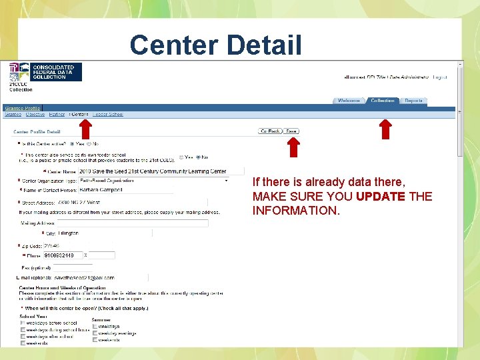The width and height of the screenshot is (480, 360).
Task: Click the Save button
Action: [x=292, y=131]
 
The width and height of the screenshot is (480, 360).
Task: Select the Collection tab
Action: [x=383, y=101]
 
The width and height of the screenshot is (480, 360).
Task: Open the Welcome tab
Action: [x=349, y=101]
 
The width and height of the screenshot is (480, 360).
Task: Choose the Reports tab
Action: [x=413, y=101]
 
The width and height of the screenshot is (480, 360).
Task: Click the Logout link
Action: [x=440, y=77]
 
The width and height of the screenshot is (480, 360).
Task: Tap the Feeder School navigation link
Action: [x=108, y=114]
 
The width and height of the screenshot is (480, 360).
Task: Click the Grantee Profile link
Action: [x=23, y=108]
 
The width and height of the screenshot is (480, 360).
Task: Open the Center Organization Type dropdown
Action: [x=153, y=181]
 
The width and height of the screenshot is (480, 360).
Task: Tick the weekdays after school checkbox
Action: [x=23, y=336]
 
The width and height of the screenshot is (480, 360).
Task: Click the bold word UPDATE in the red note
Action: [x=380, y=196]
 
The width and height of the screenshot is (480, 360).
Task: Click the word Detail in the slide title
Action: [x=263, y=45]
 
